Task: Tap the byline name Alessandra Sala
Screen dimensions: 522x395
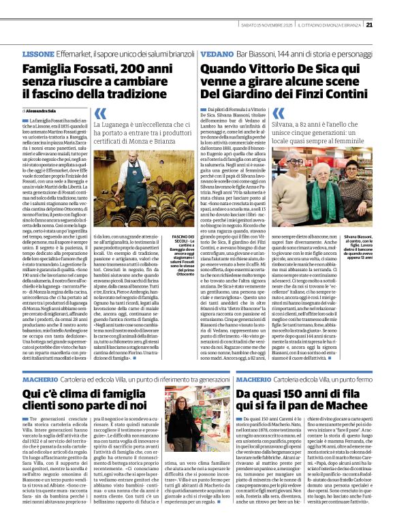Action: (43, 110)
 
